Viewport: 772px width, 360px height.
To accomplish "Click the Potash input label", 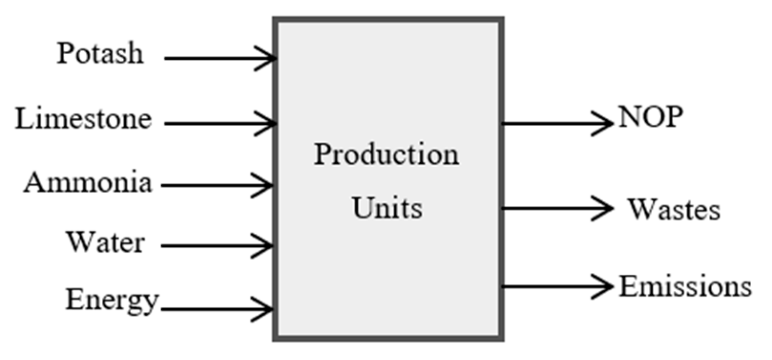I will pyautogui.click(x=100, y=54).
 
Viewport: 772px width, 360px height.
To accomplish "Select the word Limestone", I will pyautogui.click(x=83, y=120).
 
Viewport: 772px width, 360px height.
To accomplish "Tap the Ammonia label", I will pyautogui.click(x=87, y=183).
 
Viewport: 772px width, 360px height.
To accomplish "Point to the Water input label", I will pyautogui.click(x=106, y=242).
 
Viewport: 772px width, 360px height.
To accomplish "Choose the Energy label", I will pyautogui.click(x=112, y=300).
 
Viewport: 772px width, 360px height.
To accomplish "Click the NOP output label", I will pyautogui.click(x=650, y=118).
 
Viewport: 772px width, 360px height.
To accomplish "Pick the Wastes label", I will pyautogui.click(x=674, y=209).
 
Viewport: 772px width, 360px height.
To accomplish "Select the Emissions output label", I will pyautogui.click(x=685, y=287).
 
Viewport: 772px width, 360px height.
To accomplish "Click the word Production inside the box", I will pyautogui.click(x=386, y=155).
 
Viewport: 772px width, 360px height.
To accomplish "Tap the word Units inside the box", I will pyautogui.click(x=388, y=208).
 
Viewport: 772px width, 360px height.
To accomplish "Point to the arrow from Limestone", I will pyautogui.click(x=218, y=123).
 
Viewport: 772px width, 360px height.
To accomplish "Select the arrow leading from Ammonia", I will pyautogui.click(x=216, y=186).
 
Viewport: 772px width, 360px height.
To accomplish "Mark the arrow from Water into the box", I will pyautogui.click(x=216, y=246).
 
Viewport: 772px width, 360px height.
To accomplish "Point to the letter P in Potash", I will pyautogui.click(x=64, y=54).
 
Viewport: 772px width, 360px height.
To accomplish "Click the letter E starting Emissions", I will pyautogui.click(x=628, y=287).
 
